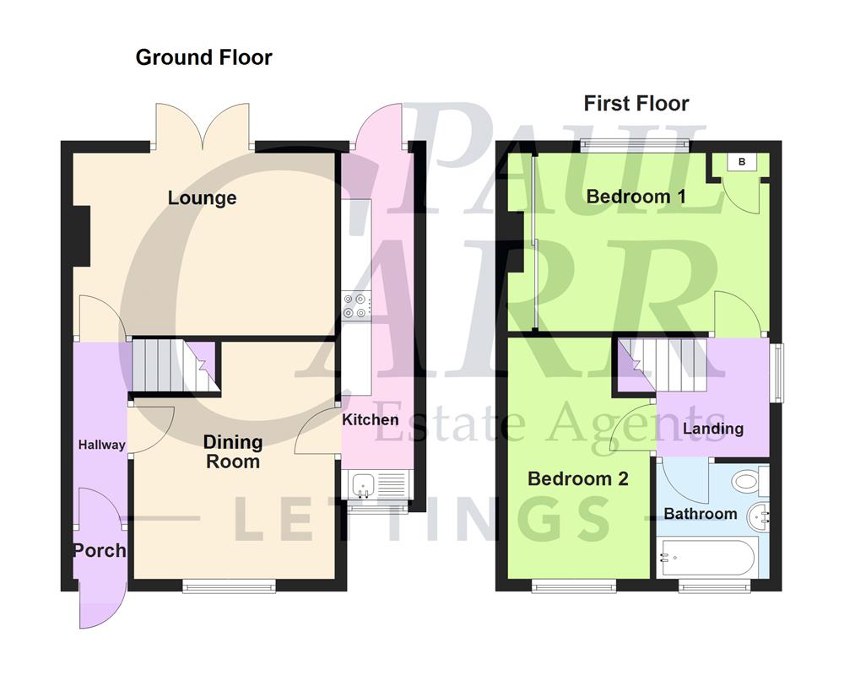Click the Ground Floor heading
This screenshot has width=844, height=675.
pos(203,57)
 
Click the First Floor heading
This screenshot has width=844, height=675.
pos(636,104)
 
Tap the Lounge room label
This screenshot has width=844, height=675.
pos(202,198)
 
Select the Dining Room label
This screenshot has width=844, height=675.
pos(233,451)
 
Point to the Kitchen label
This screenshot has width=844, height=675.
pos(371,419)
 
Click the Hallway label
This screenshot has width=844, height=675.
pos(101,445)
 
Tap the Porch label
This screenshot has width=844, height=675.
pos(99,551)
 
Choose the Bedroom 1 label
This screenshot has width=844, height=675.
pos(636,197)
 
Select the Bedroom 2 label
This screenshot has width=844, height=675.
pos(578,479)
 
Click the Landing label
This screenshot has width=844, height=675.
pos(713,429)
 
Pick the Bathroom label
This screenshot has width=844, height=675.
pos(700,514)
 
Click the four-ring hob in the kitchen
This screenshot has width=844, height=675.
pos(354,305)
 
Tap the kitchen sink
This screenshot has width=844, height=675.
pos(364,485)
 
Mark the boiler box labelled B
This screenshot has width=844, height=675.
pos(742,162)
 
